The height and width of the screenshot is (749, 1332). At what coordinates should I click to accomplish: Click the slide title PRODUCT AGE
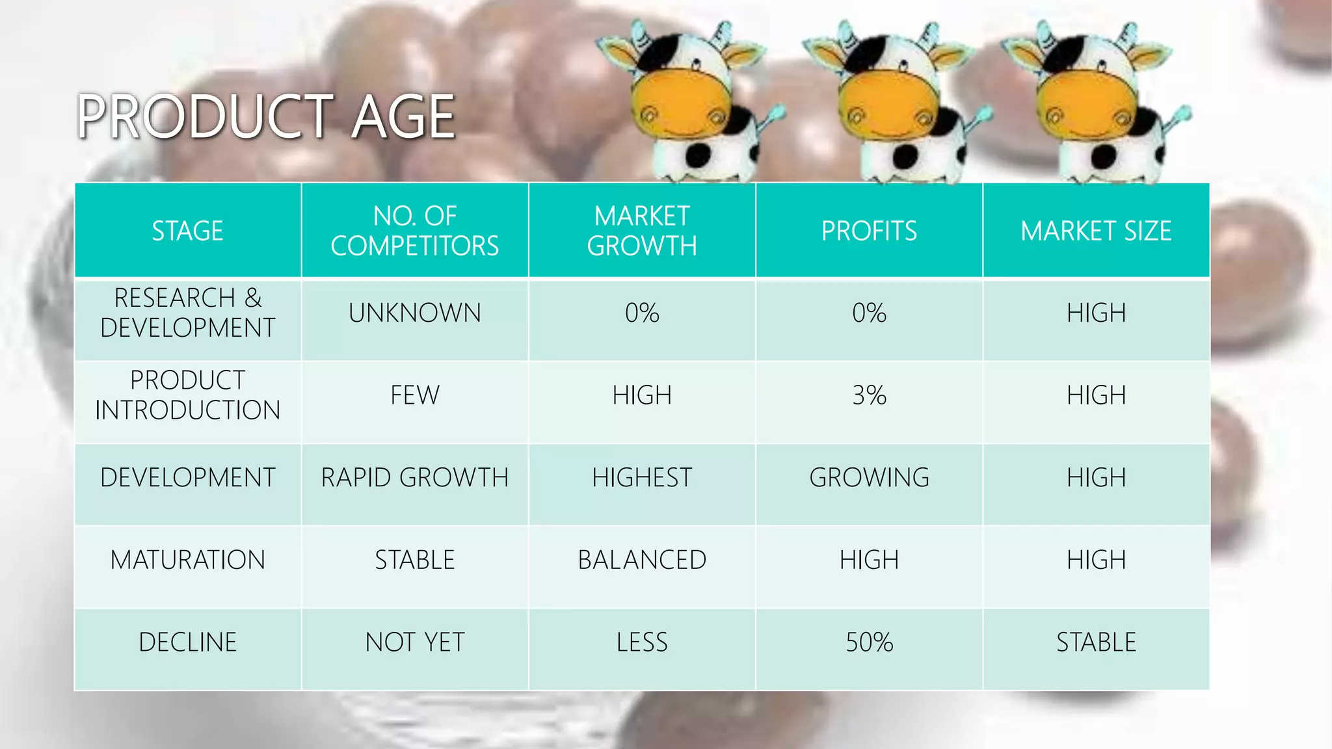(x=266, y=116)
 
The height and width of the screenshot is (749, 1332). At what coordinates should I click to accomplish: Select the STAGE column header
(x=187, y=231)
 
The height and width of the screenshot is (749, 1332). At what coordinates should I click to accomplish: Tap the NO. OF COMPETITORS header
(x=415, y=231)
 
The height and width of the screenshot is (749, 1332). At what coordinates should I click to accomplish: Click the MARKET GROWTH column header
(x=642, y=231)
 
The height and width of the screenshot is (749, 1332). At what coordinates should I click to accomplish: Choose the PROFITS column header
(x=869, y=231)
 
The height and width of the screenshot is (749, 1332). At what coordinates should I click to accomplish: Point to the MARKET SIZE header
(x=1096, y=231)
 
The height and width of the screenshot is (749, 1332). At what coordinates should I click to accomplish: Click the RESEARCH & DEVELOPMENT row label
(x=187, y=313)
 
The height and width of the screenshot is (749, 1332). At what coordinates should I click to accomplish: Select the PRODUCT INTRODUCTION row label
(x=187, y=395)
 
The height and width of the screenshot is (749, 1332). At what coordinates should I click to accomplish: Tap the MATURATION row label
(x=187, y=560)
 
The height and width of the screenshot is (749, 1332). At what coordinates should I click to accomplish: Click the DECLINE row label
(x=187, y=642)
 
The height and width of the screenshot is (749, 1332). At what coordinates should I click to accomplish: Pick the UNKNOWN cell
(x=415, y=313)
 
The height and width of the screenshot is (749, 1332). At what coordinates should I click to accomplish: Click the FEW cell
(x=415, y=395)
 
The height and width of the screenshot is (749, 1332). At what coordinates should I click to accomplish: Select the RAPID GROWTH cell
(x=415, y=477)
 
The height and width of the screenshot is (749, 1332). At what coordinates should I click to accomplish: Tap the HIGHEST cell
(x=642, y=477)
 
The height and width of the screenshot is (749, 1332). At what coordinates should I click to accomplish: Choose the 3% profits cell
(x=869, y=395)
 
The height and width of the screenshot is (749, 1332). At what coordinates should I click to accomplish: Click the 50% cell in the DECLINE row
(x=869, y=642)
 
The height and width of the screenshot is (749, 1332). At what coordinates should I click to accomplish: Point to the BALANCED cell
(x=642, y=560)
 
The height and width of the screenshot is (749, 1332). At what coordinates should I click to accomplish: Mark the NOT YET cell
(x=415, y=642)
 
